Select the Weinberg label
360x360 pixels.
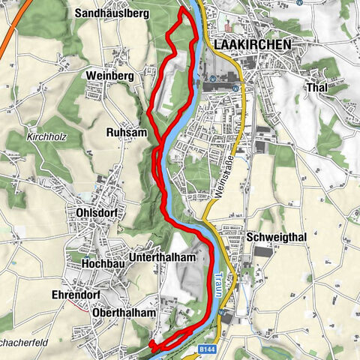[109, 77]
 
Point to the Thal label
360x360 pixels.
[316, 87]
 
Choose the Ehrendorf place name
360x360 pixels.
[77, 295]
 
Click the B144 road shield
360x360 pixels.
[206, 349]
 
